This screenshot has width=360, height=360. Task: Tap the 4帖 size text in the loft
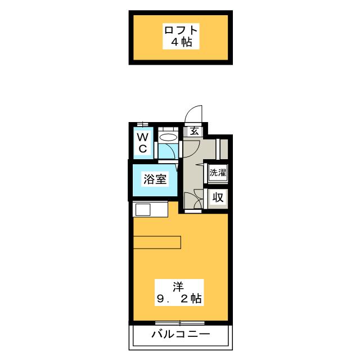(x=181, y=43)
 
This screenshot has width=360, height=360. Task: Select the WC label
(x=143, y=142)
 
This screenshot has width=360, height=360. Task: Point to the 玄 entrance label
(x=193, y=132)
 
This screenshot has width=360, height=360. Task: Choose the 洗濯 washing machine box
(x=217, y=173)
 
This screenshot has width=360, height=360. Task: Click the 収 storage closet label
(x=217, y=197)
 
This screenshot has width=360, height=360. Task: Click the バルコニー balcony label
(x=181, y=335)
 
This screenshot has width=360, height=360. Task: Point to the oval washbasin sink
(x=167, y=137)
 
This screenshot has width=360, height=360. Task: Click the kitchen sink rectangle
(x=142, y=210)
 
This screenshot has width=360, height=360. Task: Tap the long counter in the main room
(x=157, y=242)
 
